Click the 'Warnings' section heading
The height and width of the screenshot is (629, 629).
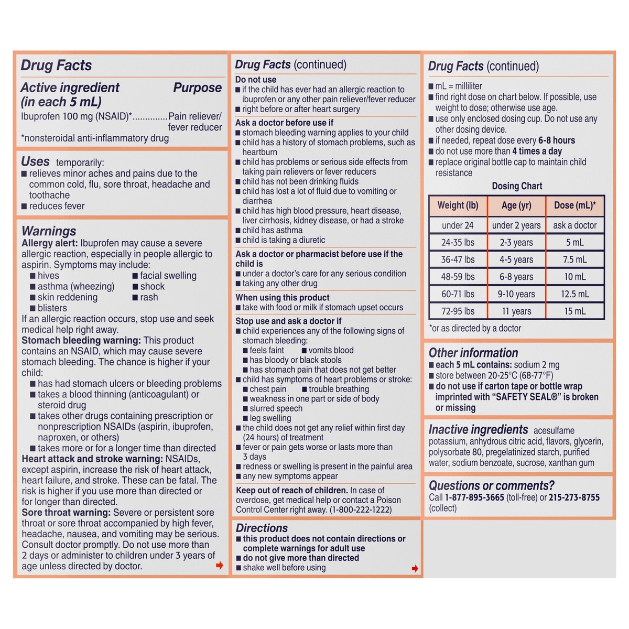coord(49,231)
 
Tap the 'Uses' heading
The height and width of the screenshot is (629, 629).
coord(35,161)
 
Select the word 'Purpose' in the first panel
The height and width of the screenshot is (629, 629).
coord(197,88)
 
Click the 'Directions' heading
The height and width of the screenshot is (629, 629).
coord(262,528)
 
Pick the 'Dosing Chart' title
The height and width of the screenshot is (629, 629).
coord(517,186)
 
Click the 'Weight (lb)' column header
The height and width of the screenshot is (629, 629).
coord(458,205)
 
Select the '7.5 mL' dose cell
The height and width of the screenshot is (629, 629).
coord(575,259)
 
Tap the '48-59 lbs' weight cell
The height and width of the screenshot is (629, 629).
coord(458,277)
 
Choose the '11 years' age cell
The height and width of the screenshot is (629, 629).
coord(516,311)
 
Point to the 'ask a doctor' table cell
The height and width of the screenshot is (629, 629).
coord(575,225)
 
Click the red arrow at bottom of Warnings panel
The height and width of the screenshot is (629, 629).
coord(220,565)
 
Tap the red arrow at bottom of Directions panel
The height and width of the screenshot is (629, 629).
coord(415,568)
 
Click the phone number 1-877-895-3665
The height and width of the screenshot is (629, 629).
coord(474,497)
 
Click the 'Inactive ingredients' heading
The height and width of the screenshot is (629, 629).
coord(478,430)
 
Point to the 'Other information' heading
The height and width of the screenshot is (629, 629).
coord(473,353)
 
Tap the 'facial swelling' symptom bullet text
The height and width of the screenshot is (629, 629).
coord(168,276)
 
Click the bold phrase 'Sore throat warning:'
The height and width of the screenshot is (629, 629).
coord(66,513)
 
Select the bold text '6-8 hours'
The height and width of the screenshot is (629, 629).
coord(556,140)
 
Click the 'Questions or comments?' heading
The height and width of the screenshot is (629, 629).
coord(492,485)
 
